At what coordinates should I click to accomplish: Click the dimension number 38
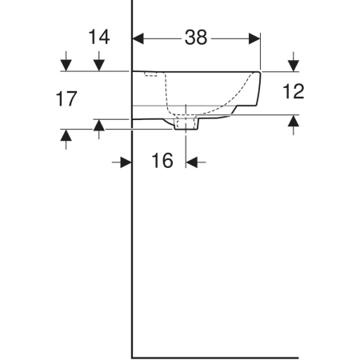click(196, 38)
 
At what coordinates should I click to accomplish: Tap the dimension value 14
click(99, 37)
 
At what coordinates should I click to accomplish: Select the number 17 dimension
click(66, 98)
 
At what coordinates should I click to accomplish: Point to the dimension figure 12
click(293, 91)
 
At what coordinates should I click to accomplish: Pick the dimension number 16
click(162, 161)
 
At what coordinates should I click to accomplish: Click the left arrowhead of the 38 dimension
click(138, 38)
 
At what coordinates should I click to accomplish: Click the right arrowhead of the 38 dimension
click(254, 38)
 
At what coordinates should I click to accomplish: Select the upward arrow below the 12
click(294, 125)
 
